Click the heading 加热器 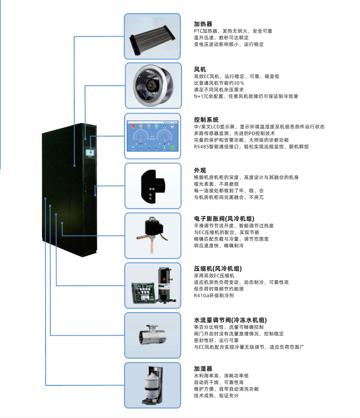[203, 24]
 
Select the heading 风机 [200, 69]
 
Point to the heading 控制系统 [206, 119]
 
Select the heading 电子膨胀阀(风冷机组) [224, 219]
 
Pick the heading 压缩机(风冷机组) [218, 268]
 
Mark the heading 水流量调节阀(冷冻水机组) [230, 320]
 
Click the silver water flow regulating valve [152, 335]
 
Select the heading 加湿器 [203, 368]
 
